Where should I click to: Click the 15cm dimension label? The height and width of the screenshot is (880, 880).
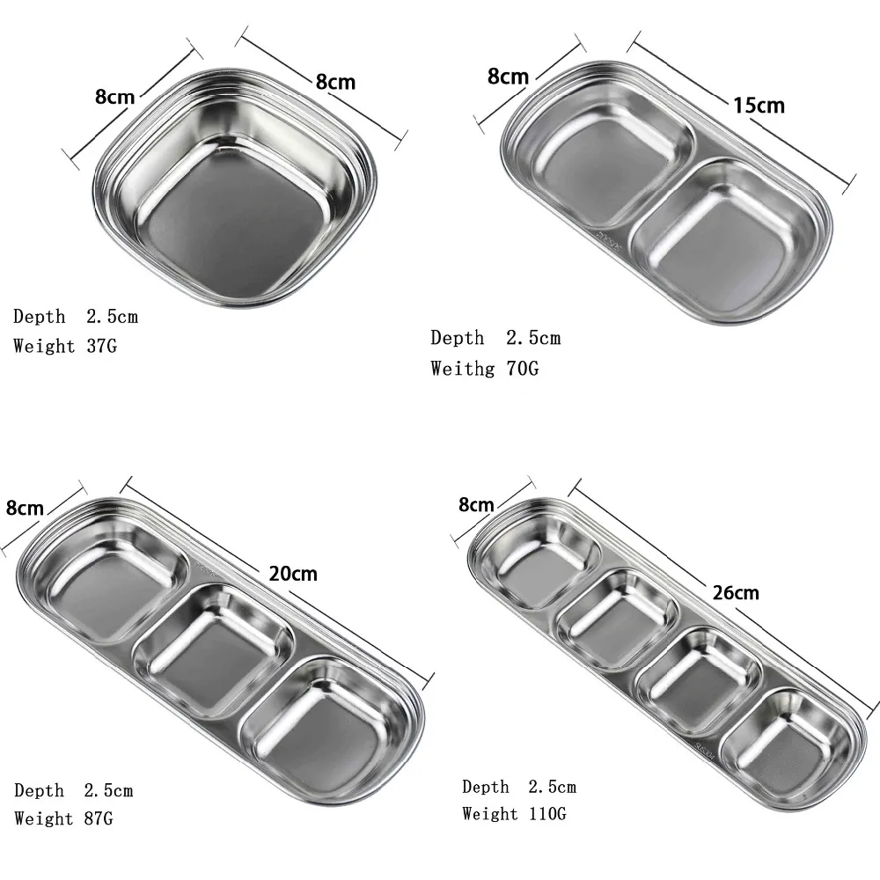click(759, 105)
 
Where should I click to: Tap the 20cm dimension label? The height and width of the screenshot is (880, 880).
click(293, 574)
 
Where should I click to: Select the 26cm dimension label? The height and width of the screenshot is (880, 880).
click(735, 592)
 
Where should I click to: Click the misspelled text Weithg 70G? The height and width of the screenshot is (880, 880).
click(485, 369)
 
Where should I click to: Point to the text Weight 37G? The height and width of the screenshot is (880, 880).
click(65, 346)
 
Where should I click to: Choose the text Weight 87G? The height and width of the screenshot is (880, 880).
click(63, 818)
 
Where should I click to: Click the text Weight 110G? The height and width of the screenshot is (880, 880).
click(514, 813)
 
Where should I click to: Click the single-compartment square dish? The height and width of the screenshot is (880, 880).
click(236, 188)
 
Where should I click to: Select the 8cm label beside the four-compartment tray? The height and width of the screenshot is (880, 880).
click(476, 504)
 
